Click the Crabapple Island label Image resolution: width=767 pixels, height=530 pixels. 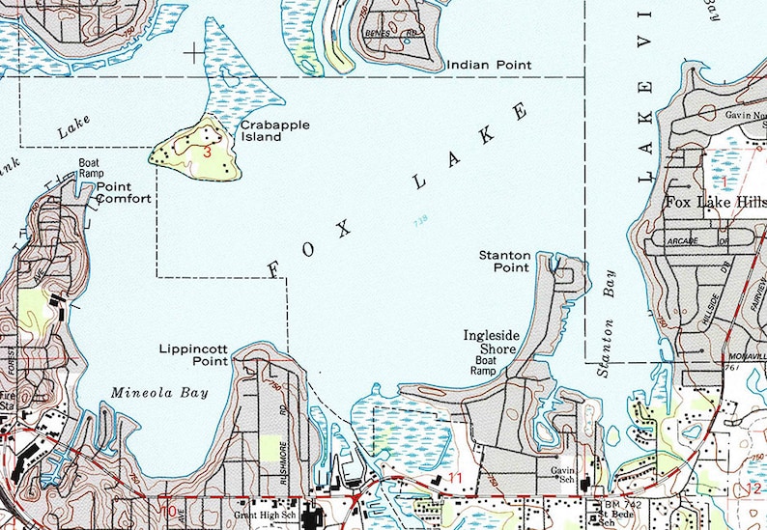tap(262, 131)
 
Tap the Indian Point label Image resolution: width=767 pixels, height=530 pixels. tap(489, 66)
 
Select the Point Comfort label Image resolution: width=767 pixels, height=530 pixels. tap(123, 193)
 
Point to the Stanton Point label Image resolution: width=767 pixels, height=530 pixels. tap(504, 262)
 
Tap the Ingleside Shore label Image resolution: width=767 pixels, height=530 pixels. tap(492, 342)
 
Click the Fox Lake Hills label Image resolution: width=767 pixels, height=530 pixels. tap(716, 204)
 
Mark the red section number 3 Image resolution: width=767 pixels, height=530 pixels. tap(208, 152)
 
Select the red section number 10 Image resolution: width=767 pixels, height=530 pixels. tap(169, 511)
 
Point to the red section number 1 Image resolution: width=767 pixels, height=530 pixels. tap(724, 181)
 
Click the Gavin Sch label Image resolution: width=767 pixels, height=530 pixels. tap(562, 473)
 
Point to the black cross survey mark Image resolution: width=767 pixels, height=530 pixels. tap(198, 52)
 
